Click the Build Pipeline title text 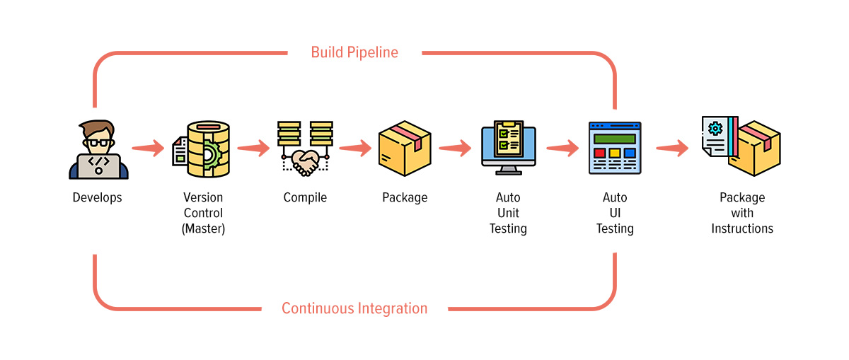(354, 52)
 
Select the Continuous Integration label (354, 308)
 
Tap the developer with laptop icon (98, 150)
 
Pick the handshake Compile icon (305, 149)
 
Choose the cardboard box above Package (405, 149)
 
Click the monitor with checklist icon (508, 148)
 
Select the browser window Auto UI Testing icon (614, 149)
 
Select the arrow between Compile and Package (355, 149)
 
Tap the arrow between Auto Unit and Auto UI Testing (562, 149)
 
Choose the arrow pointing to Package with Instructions (672, 149)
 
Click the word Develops (98, 198)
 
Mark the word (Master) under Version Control (203, 228)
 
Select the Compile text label (305, 198)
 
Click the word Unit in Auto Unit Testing (508, 213)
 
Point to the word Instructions (742, 228)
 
